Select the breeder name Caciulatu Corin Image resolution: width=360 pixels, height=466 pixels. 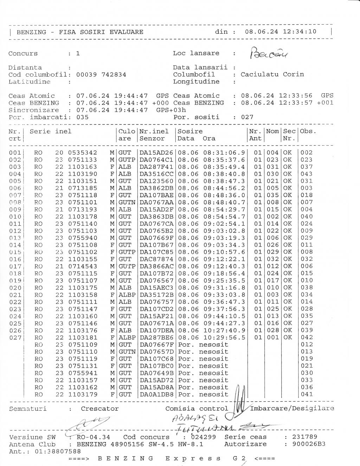(272, 74)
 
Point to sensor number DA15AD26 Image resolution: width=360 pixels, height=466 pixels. (156, 153)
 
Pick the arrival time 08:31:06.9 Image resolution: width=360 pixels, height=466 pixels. (224, 153)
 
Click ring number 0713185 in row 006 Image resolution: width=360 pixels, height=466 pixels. (83, 188)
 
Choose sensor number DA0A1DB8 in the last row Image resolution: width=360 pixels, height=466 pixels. (156, 394)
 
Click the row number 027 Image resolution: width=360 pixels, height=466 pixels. (15, 338)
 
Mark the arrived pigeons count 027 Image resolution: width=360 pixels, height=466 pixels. (247, 117)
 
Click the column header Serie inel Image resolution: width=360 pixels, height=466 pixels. (51, 132)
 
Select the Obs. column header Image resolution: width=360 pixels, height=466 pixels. (308, 132)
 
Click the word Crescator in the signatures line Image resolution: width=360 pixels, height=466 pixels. (99, 409)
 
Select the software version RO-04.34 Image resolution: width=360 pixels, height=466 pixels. (93, 437)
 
